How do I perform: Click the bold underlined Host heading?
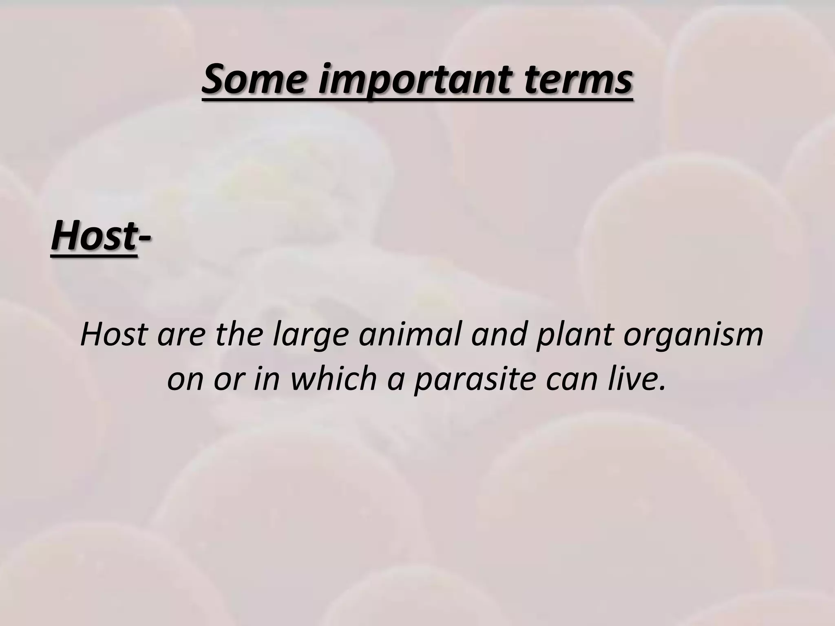pyautogui.click(x=93, y=236)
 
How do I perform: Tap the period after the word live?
pyautogui.click(x=662, y=387)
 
